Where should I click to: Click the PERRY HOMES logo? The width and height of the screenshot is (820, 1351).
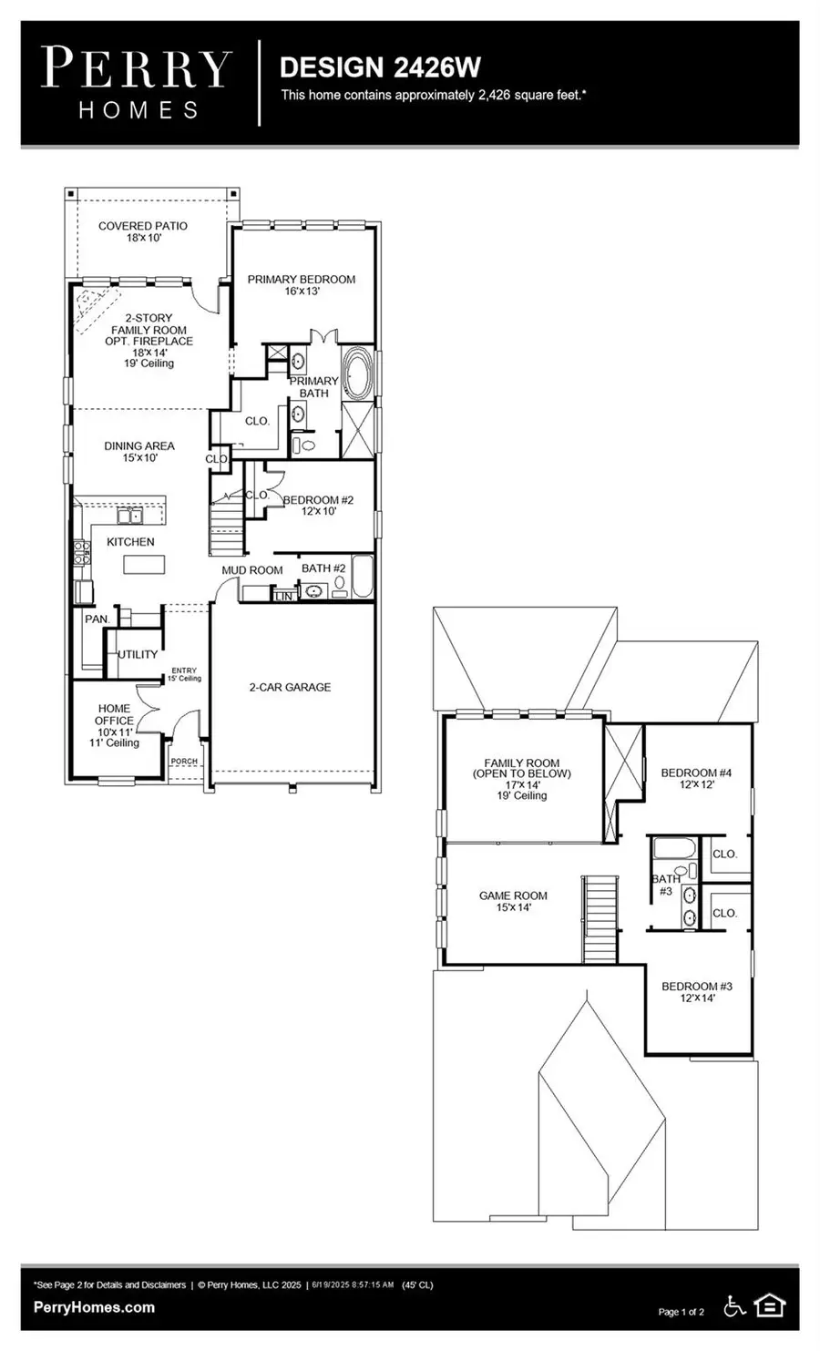(138, 84)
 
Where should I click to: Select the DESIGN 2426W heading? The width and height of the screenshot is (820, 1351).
(379, 67)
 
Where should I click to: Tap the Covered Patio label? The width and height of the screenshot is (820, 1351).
(143, 231)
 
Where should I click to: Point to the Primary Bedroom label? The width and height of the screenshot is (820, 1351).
(302, 284)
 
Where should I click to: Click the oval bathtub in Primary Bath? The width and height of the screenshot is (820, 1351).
(356, 373)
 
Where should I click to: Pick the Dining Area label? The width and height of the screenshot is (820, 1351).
(138, 451)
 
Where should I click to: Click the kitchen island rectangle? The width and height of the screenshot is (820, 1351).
(145, 565)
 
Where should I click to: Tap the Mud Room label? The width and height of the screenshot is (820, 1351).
(252, 570)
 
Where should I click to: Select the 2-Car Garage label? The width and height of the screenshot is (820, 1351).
(290, 687)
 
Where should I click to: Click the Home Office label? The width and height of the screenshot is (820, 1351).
(115, 725)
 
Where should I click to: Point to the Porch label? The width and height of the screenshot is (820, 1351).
(184, 762)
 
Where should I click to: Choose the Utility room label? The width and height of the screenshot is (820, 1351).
(138, 654)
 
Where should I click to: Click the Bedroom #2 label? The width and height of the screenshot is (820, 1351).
(318, 506)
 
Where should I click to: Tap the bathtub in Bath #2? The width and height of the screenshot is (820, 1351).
(362, 577)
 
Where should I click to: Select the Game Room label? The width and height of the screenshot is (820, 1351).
(513, 901)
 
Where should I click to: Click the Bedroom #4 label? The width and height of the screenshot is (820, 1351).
(696, 778)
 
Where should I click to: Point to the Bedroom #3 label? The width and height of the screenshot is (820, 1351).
(696, 991)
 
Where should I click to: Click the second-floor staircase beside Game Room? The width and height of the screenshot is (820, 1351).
(600, 918)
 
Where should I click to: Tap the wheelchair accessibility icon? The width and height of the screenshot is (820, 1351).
(733, 1306)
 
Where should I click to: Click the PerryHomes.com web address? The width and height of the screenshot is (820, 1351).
(94, 1307)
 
